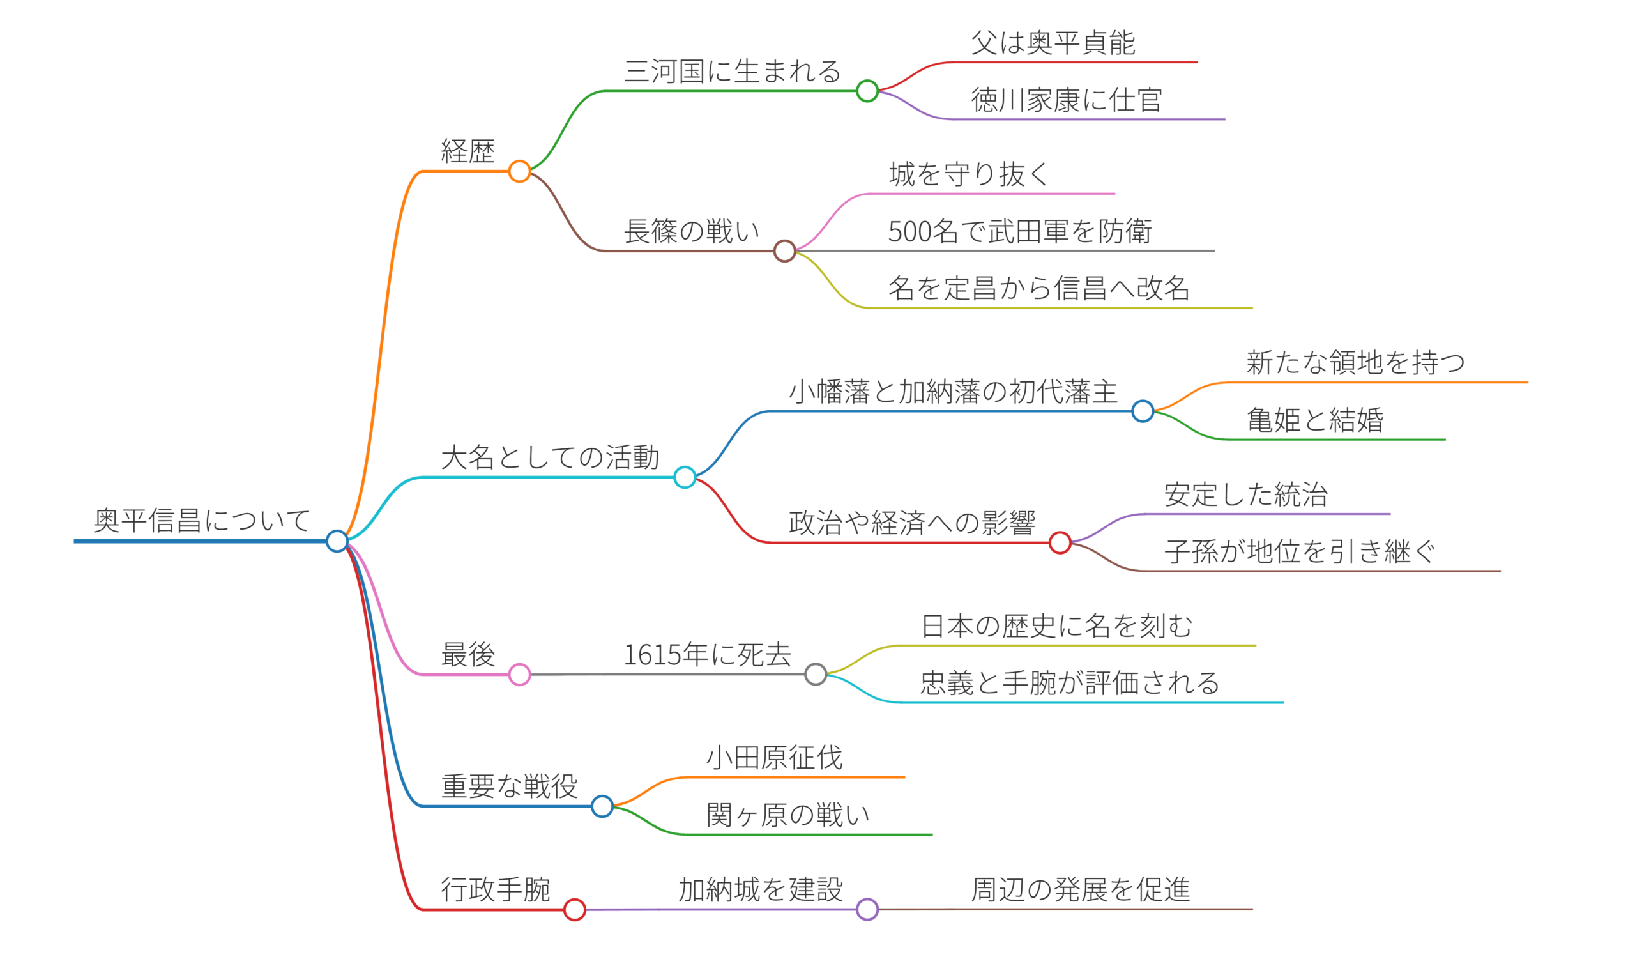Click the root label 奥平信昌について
[202, 521]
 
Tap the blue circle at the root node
[337, 541]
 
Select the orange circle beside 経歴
[519, 171]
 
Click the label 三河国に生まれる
[733, 72]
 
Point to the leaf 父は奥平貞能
[1053, 43]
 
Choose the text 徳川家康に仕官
[1066, 100]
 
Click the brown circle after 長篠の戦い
[785, 250]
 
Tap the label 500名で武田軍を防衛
[1019, 232]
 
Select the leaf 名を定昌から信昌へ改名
[1038, 288]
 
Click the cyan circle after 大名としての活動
[685, 477]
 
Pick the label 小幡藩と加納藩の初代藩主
[952, 392]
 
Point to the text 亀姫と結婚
[1315, 420]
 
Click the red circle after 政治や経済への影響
[1060, 542]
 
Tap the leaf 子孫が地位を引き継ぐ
[1300, 552]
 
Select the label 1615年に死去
[707, 655]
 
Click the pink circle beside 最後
[519, 675]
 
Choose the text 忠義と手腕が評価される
[1070, 684]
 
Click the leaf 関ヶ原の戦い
[788, 815]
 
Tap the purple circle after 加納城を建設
[867, 909]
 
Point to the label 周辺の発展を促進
[1081, 890]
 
